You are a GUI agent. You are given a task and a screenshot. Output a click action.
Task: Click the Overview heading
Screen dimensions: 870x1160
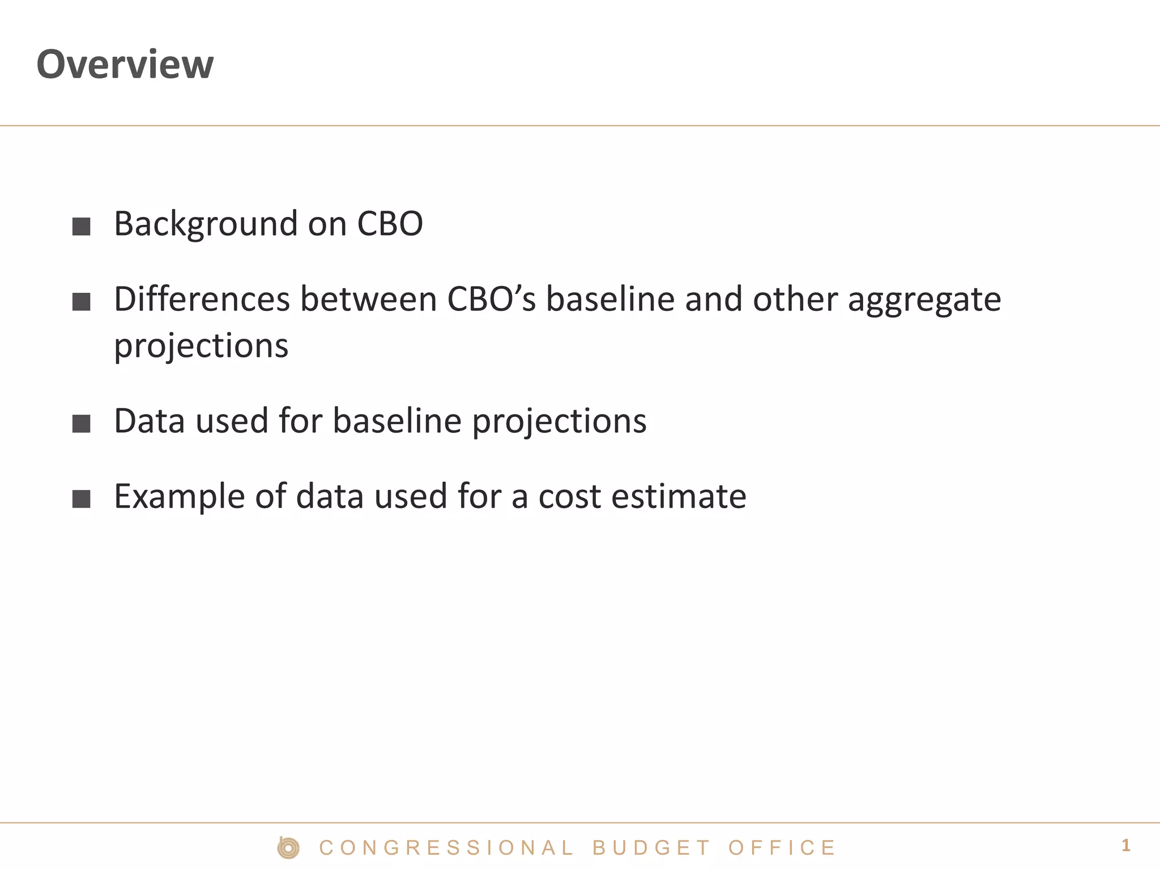(125, 64)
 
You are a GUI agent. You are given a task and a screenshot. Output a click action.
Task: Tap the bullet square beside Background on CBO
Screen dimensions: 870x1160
(82, 227)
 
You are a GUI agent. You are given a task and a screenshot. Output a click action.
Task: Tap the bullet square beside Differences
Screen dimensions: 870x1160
(82, 302)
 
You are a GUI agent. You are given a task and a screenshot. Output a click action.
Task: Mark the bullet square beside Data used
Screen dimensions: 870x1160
(82, 424)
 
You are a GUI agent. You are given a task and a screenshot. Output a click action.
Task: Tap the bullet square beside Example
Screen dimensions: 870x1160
(82, 499)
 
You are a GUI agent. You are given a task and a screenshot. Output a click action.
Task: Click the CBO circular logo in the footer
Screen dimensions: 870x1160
(288, 848)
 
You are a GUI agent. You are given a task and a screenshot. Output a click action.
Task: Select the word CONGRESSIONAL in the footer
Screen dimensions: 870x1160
(446, 848)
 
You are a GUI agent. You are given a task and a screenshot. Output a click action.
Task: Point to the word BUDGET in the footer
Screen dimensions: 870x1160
(651, 848)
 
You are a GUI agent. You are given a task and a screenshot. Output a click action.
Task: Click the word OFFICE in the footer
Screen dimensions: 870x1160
(782, 848)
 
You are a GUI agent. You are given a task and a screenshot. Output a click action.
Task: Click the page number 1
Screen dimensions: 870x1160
(1125, 846)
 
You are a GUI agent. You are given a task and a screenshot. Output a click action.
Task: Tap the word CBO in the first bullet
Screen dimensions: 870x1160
(390, 224)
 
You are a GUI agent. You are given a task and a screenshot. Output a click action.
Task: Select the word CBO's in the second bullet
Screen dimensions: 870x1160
(491, 299)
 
